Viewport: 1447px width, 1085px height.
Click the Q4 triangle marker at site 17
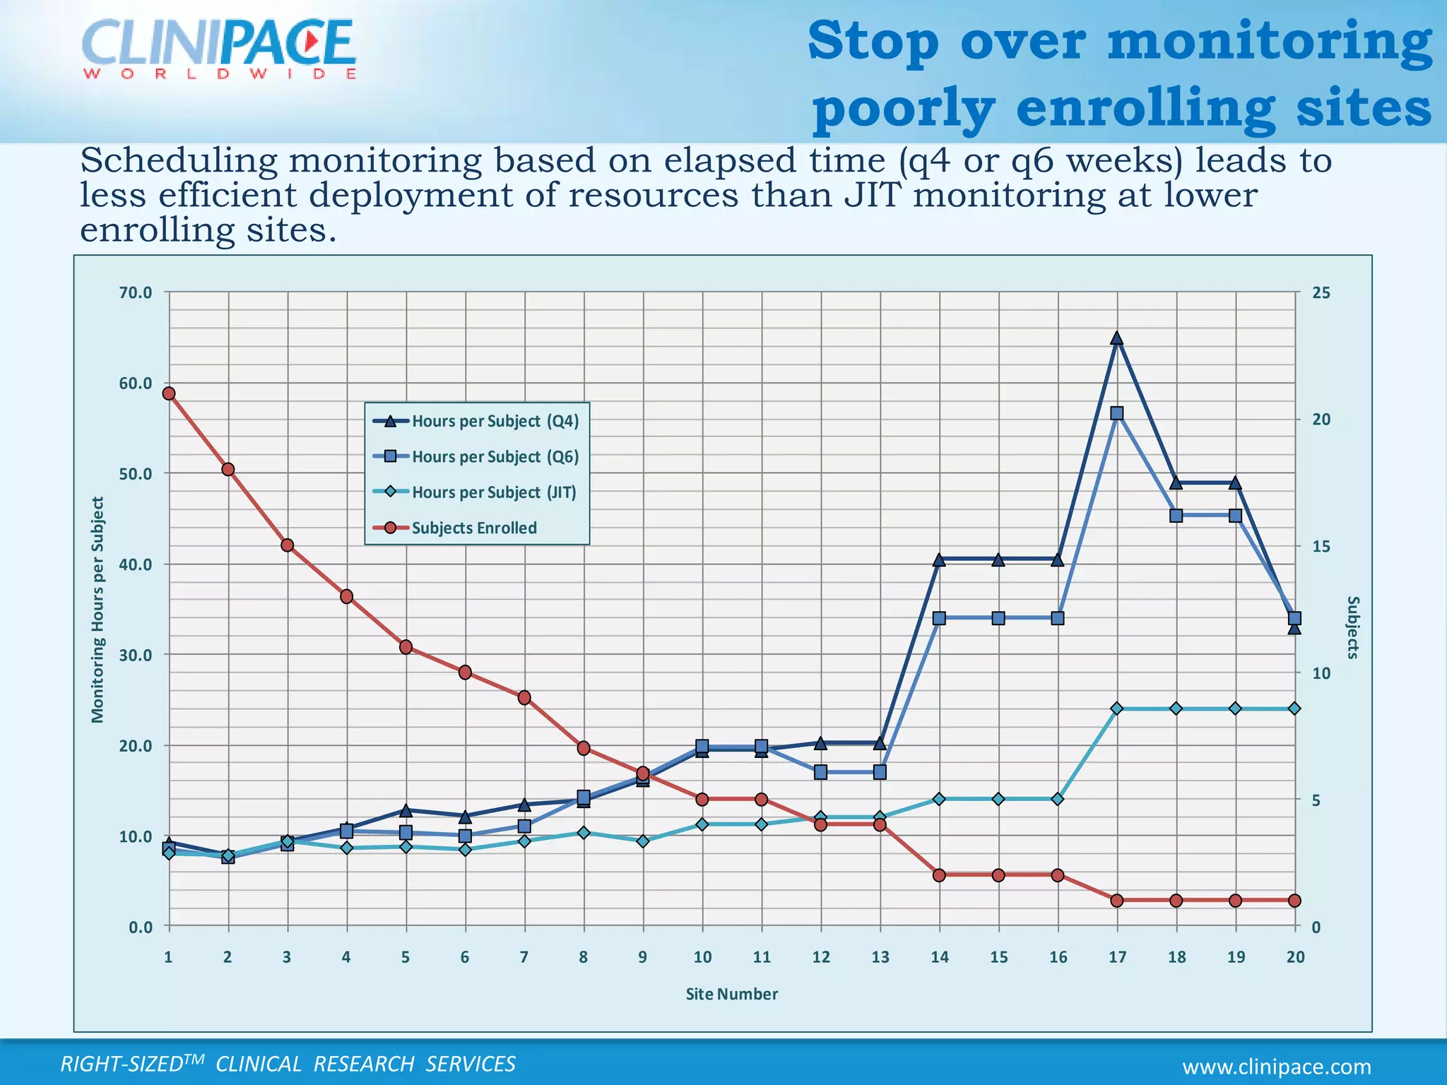(1116, 339)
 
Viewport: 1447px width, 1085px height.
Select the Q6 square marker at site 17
(1116, 413)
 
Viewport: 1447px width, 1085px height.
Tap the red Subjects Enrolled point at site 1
(169, 393)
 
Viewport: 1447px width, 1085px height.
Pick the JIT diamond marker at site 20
(1294, 708)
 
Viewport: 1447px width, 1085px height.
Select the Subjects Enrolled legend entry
(473, 528)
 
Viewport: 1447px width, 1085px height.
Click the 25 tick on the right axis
(1321, 292)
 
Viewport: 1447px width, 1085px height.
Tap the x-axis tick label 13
(880, 957)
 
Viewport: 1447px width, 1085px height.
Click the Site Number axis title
(731, 994)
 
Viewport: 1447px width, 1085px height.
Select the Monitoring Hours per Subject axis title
(98, 610)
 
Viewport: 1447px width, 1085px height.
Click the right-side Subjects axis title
(1352, 627)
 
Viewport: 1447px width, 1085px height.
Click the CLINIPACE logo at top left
(219, 48)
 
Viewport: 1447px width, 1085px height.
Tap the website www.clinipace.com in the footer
(1277, 1067)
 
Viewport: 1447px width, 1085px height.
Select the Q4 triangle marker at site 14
(939, 560)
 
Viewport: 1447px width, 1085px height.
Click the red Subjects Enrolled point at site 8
(584, 748)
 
